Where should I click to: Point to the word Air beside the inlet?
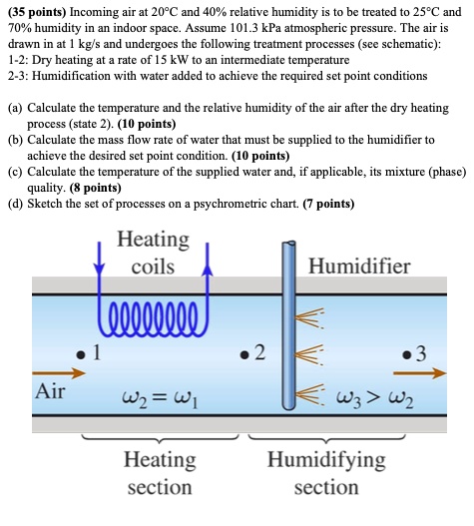click(50, 390)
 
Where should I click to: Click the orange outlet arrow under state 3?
click(426, 374)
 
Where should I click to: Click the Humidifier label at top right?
click(359, 265)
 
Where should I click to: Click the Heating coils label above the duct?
click(153, 253)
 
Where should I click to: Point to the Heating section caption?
click(159, 473)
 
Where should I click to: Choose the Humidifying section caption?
click(326, 473)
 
